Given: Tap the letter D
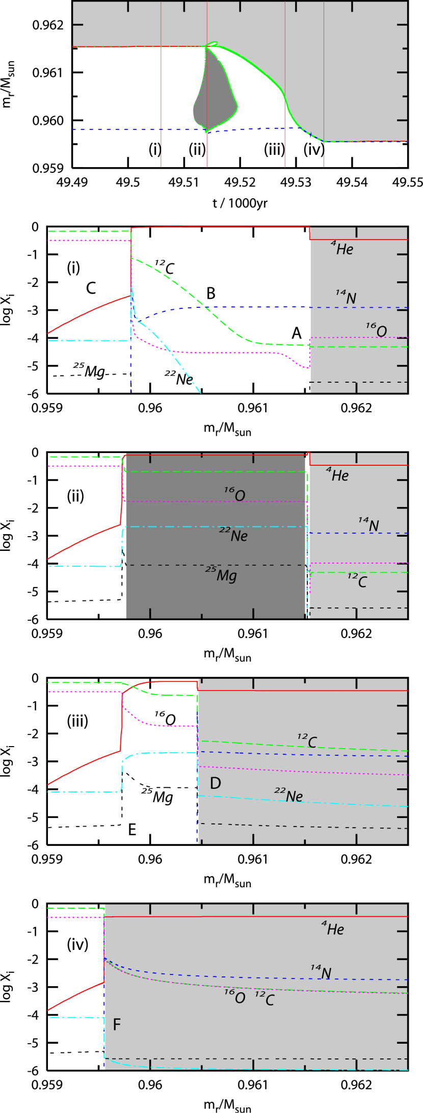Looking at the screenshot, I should tap(215, 783).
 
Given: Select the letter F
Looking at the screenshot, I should tap(117, 1024).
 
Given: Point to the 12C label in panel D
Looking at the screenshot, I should tap(307, 741).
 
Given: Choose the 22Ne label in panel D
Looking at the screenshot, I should tap(289, 795).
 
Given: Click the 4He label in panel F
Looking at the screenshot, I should tap(333, 929).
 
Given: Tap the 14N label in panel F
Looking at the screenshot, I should tap(321, 972).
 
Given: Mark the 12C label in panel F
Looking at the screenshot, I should tap(265, 999).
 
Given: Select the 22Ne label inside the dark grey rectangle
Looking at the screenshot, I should tap(234, 535).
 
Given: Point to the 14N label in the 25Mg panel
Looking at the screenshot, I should tap(368, 524).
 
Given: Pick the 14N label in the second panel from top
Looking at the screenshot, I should tap(346, 297).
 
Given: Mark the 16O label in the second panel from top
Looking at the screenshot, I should tap(377, 330).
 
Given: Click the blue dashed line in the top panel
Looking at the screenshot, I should tap(127, 129).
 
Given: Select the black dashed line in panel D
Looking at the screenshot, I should tap(306, 826).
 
